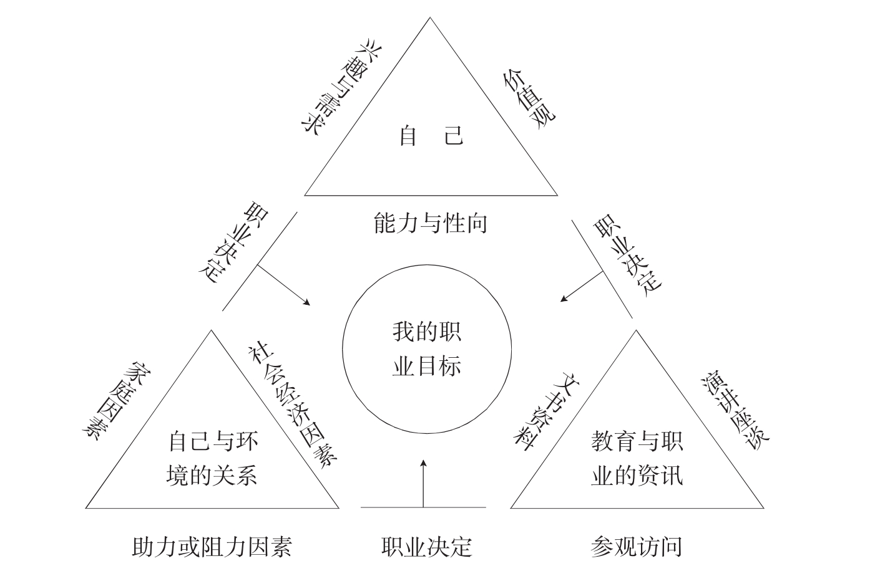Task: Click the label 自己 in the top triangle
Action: (431, 135)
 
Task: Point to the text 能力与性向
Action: (431, 223)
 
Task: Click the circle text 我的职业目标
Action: (427, 349)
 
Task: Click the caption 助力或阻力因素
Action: (212, 547)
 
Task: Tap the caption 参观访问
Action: (636, 547)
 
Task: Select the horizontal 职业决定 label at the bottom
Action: (426, 547)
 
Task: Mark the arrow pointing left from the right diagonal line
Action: (581, 287)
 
